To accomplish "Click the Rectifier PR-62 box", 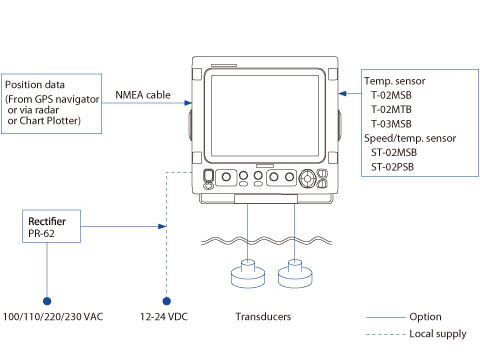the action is (51, 226).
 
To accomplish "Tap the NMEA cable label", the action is (143, 95).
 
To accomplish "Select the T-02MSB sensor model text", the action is (391, 95).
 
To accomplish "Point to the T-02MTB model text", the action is (391, 109).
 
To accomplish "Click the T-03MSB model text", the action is (391, 124).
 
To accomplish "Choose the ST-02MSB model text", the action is (394, 152).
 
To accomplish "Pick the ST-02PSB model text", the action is (392, 167).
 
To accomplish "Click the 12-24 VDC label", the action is (164, 316).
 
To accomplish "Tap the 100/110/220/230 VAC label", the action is (53, 316).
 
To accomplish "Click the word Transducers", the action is (263, 316).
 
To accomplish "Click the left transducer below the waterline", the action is (248, 274).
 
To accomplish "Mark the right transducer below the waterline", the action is (295, 274).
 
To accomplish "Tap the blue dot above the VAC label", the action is (47, 301).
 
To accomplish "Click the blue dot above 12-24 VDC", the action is (167, 301).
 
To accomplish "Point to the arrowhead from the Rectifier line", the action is (162, 227).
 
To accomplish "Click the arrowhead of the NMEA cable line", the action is (188, 103).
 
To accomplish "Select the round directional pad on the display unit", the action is (307, 179).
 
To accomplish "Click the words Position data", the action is (35, 85).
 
